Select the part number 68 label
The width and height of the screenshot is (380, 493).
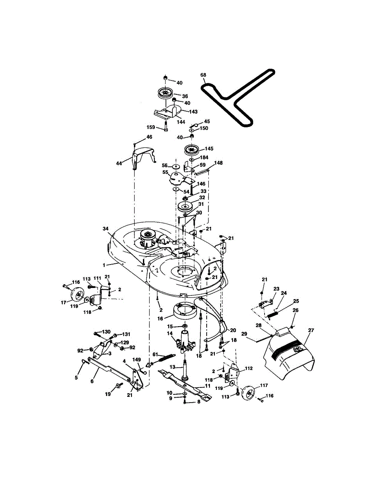pyautogui.click(x=203, y=75)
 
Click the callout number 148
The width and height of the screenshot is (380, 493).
pyautogui.click(x=218, y=163)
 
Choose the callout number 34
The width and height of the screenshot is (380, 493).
pyautogui.click(x=106, y=228)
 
